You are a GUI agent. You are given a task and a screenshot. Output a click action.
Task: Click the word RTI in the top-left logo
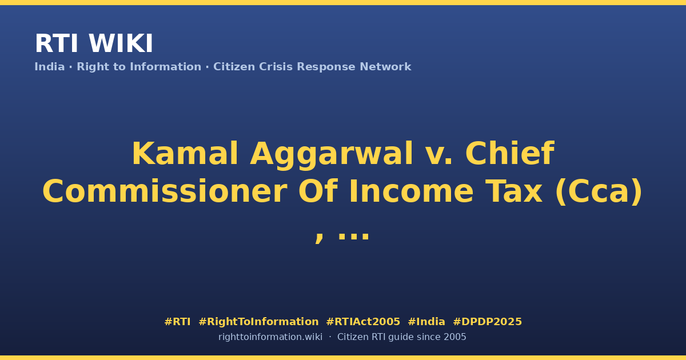click(57, 43)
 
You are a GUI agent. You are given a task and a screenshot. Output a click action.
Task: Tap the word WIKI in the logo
click(121, 43)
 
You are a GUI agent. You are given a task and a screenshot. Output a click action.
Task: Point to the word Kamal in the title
click(185, 153)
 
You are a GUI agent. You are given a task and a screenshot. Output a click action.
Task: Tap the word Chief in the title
click(510, 153)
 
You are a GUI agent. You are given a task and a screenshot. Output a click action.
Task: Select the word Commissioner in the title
click(165, 191)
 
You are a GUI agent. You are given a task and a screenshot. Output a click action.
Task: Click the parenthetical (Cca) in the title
click(599, 192)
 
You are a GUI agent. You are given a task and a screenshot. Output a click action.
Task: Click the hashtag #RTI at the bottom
click(177, 322)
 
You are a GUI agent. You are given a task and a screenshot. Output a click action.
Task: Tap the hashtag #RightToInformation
click(258, 322)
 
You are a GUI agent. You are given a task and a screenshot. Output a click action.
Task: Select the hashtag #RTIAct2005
click(363, 322)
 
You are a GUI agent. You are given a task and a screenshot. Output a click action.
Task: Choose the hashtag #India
click(426, 322)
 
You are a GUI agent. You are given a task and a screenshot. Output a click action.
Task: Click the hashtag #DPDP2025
click(487, 322)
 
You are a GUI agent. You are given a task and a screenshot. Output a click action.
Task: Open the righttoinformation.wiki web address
click(270, 337)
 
